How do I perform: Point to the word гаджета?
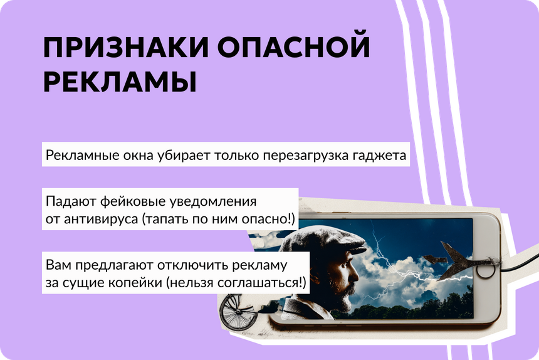click(380, 156)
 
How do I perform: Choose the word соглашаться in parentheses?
click(258, 283)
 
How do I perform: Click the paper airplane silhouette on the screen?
click(454, 262)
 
